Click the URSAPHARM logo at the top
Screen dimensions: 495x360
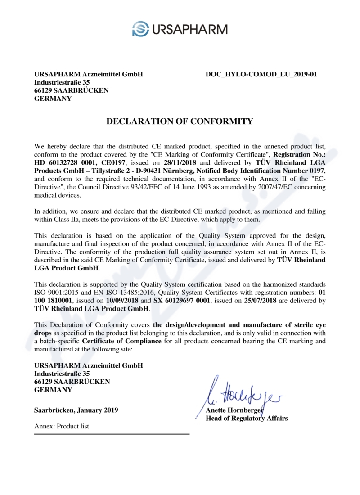[x=180, y=28]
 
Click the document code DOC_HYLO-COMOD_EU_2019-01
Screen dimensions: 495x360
[x=261, y=74]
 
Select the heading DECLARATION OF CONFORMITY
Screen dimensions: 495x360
[x=180, y=121]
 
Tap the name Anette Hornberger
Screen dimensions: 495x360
[x=234, y=410]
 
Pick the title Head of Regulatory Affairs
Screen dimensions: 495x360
[x=247, y=418]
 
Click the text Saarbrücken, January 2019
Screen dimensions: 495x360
[x=76, y=410]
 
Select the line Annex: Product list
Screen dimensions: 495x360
[x=62, y=426]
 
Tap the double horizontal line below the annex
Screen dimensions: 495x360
[x=112, y=434]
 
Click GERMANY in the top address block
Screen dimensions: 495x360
[x=53, y=99]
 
